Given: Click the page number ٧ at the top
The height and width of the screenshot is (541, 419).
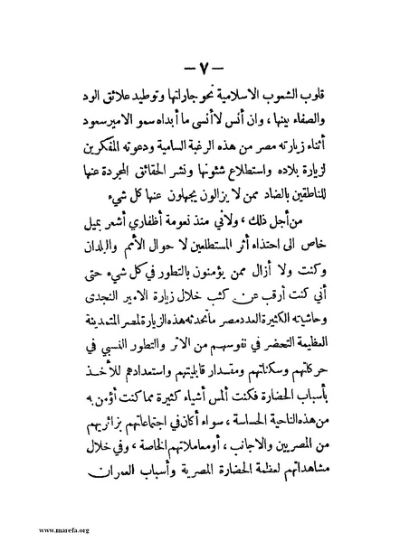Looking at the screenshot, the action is coord(209,69).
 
